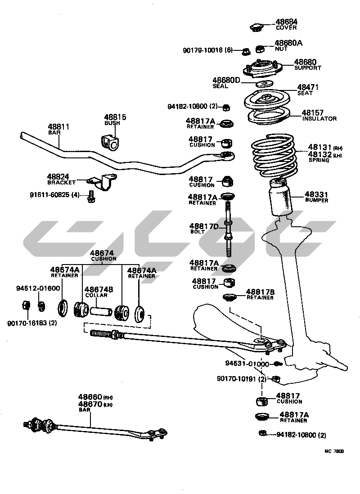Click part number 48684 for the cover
pos(286,22)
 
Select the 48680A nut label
pos(288,43)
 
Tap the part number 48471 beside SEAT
pos(308,87)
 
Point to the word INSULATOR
pos(319,119)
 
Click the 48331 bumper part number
pos(317,194)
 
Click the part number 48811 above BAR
pos(58,127)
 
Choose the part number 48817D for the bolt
pos(204,226)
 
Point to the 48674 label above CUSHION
pos(102,253)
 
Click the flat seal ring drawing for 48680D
pos(265,84)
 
